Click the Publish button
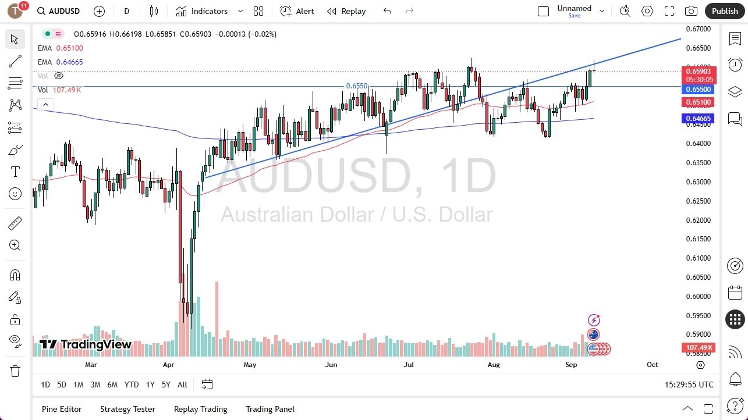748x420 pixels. coord(725,11)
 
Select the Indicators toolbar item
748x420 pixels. coord(209,11)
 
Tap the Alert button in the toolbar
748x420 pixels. coord(297,11)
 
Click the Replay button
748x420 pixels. coord(346,11)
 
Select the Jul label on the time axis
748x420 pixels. coord(409,365)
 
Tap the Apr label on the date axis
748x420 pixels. coord(169,365)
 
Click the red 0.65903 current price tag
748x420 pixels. coord(699,72)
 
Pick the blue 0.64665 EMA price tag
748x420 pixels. coord(699,119)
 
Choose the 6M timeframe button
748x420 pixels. coord(112,385)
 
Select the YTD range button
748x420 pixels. coord(132,385)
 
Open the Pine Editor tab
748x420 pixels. coord(62,409)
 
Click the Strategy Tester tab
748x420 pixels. coord(127,409)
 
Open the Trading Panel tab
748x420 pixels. coord(270,409)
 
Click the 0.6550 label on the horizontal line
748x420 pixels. coord(357,86)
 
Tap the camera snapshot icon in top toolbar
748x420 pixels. coord(691,11)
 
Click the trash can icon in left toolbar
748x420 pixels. coord(15,371)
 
